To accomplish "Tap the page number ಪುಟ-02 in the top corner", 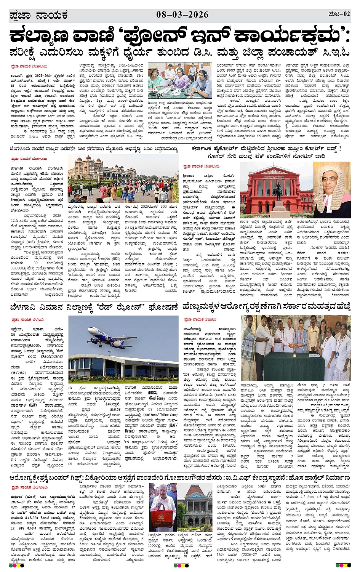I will [339, 14].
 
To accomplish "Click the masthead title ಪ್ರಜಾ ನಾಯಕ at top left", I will [38, 16].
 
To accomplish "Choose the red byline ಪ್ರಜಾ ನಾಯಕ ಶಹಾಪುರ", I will [200, 319].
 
